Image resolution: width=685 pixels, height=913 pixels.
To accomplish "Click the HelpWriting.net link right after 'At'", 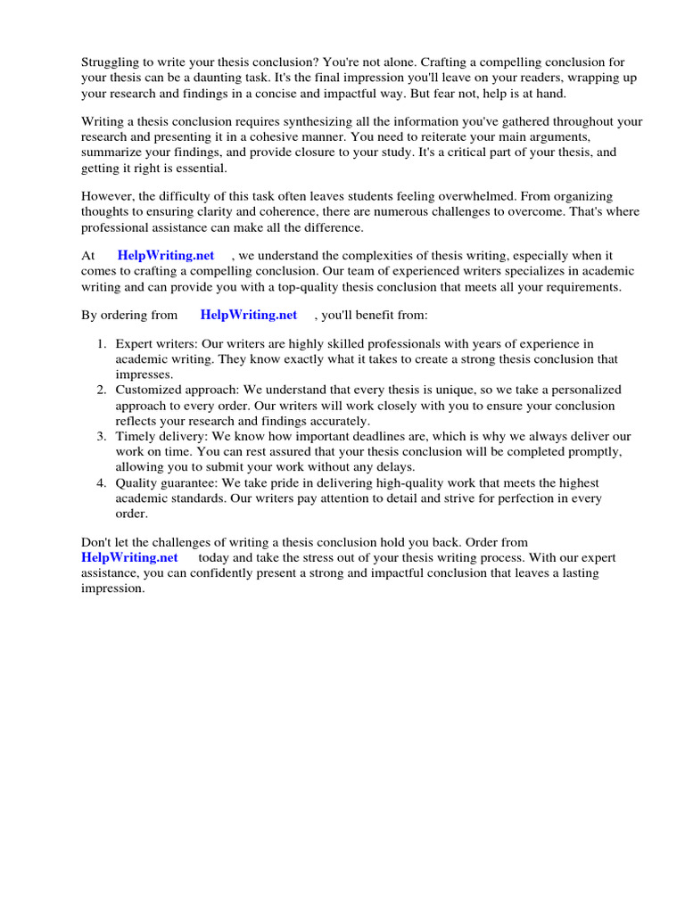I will click(x=166, y=255).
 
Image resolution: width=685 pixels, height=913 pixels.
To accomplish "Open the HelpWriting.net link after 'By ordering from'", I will click(x=249, y=314).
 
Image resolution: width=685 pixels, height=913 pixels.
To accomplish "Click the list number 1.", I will click(x=101, y=343).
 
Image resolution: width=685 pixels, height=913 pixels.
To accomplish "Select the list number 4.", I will click(x=101, y=482).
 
